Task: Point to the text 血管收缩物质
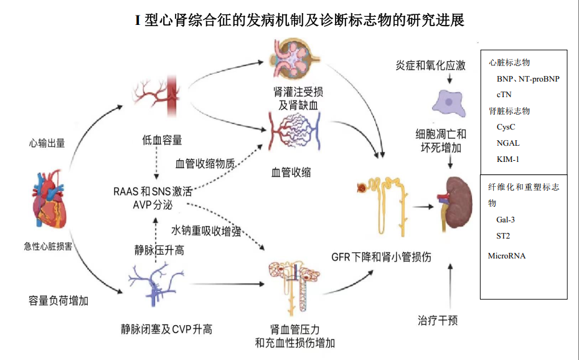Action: pyautogui.click(x=205, y=164)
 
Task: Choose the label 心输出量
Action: pyautogui.click(x=47, y=143)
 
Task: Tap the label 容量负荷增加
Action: pyautogui.click(x=59, y=301)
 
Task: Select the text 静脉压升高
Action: pyautogui.click(x=159, y=250)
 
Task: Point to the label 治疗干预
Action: pyautogui.click(x=438, y=320)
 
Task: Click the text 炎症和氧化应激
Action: pyautogui.click(x=430, y=65)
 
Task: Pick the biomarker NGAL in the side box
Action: pyautogui.click(x=508, y=143)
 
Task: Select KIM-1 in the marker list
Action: pyautogui.click(x=508, y=159)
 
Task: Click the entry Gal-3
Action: pyautogui.click(x=506, y=219)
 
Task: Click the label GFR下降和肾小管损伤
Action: pyautogui.click(x=382, y=257)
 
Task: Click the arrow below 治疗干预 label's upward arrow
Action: pyautogui.click(x=450, y=287)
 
